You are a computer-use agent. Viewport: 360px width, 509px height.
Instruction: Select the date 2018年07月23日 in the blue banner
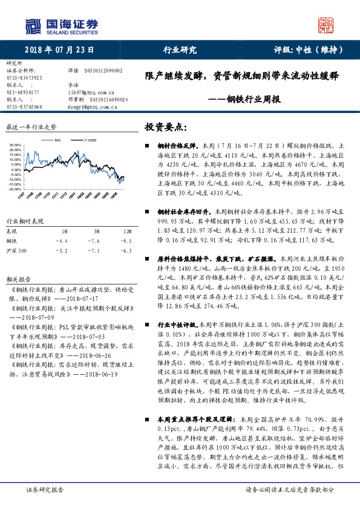[x=53, y=50]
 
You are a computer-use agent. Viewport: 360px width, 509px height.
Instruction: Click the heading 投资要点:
[x=165, y=128]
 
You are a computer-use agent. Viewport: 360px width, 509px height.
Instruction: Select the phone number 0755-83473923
[x=24, y=78]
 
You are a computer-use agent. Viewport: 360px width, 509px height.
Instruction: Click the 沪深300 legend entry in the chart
[x=88, y=140]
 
